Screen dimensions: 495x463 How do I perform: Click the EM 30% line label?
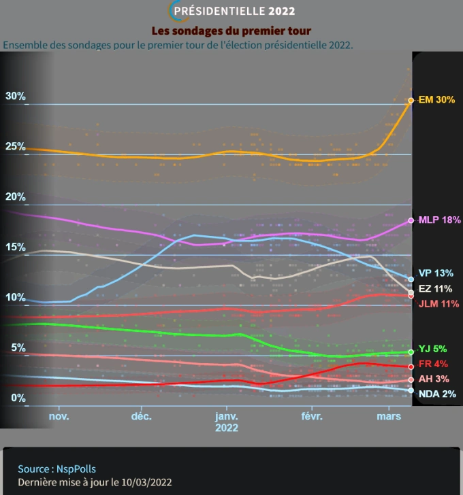tap(436, 100)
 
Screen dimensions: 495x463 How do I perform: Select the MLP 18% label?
tap(439, 220)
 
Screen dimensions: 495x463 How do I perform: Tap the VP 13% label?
tap(436, 273)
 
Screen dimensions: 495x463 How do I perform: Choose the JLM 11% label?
tap(438, 304)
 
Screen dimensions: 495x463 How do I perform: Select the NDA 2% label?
tap(437, 394)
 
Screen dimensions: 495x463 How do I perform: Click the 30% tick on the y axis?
tap(16, 97)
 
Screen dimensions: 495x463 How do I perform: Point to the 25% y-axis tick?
tap(16, 147)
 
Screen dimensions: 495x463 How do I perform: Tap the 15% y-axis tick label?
tap(16, 247)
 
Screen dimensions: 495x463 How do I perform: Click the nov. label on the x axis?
tap(59, 416)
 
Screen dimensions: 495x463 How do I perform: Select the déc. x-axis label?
tap(141, 416)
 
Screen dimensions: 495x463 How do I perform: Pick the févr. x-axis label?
tap(310, 416)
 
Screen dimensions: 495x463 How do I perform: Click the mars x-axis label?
tap(389, 416)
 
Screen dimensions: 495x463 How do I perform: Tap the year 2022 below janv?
tap(227, 428)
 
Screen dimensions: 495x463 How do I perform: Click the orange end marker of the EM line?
tap(411, 101)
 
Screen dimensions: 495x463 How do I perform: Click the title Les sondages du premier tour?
tap(231, 31)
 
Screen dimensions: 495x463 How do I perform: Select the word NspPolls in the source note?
tap(86, 469)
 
